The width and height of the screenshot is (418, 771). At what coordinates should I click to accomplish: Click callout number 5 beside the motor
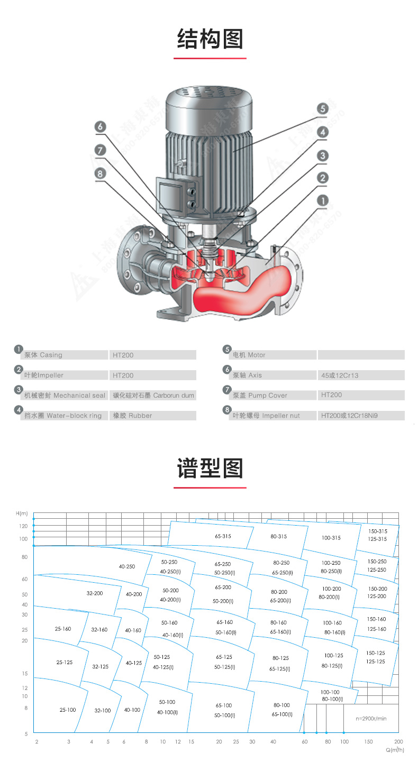pos(323,109)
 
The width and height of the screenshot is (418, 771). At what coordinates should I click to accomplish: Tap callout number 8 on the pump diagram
pos(101,173)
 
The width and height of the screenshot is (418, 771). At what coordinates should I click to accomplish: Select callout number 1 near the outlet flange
pos(323,200)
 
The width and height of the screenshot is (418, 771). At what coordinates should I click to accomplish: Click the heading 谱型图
pos(210,469)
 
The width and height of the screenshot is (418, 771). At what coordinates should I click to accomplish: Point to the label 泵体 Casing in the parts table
pos(43,355)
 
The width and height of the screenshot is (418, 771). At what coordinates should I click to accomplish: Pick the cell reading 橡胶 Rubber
pos(132,416)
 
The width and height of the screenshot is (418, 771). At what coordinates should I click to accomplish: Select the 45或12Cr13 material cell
pos(340,375)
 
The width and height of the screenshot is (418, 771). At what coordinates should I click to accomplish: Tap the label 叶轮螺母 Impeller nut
pos(266,416)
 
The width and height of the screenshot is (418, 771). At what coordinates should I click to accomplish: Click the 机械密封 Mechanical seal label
pos(65,396)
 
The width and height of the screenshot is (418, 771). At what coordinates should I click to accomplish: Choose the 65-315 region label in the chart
pos(223,536)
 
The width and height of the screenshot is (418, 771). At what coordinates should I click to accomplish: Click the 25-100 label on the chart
pos(68,710)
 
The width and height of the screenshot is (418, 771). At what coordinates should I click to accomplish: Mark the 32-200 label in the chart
pos(95,593)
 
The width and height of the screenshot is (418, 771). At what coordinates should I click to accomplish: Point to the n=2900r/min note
pos(371,719)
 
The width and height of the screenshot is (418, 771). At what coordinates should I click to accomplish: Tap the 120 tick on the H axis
pos(23,526)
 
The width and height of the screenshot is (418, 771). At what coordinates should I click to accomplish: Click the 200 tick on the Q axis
pos(398,742)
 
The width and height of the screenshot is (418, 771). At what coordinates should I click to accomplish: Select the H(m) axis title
pos(22,513)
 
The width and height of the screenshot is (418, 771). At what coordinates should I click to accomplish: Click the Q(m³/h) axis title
pos(394,750)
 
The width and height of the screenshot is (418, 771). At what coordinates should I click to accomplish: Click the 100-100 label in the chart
pos(330,692)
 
